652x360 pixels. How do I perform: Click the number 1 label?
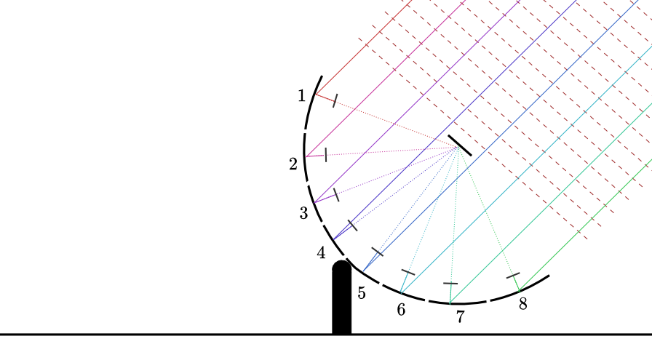tap(302, 96)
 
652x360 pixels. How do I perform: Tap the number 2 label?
tap(293, 164)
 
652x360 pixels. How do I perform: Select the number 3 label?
tap(303, 213)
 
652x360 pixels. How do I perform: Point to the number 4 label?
tap(321, 253)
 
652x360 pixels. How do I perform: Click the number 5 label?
tap(362, 293)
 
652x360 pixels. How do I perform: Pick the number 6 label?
tap(401, 310)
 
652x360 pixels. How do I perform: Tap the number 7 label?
tap(460, 317)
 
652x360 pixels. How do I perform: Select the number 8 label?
tap(523, 304)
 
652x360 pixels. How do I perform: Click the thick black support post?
tap(342, 297)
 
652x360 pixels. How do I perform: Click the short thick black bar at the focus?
tap(459, 145)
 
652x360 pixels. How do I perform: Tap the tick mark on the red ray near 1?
tap(335, 100)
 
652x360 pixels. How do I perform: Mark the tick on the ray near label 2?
tap(326, 155)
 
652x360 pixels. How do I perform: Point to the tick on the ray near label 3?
tap(336, 195)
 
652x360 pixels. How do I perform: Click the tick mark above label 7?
tap(450, 284)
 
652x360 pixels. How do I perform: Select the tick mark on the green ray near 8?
tap(513, 276)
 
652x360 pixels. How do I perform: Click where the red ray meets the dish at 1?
tap(316, 94)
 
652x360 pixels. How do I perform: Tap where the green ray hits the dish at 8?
tap(520, 291)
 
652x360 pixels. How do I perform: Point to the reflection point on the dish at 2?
tap(306, 156)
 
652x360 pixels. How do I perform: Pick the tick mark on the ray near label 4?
tap(352, 225)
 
